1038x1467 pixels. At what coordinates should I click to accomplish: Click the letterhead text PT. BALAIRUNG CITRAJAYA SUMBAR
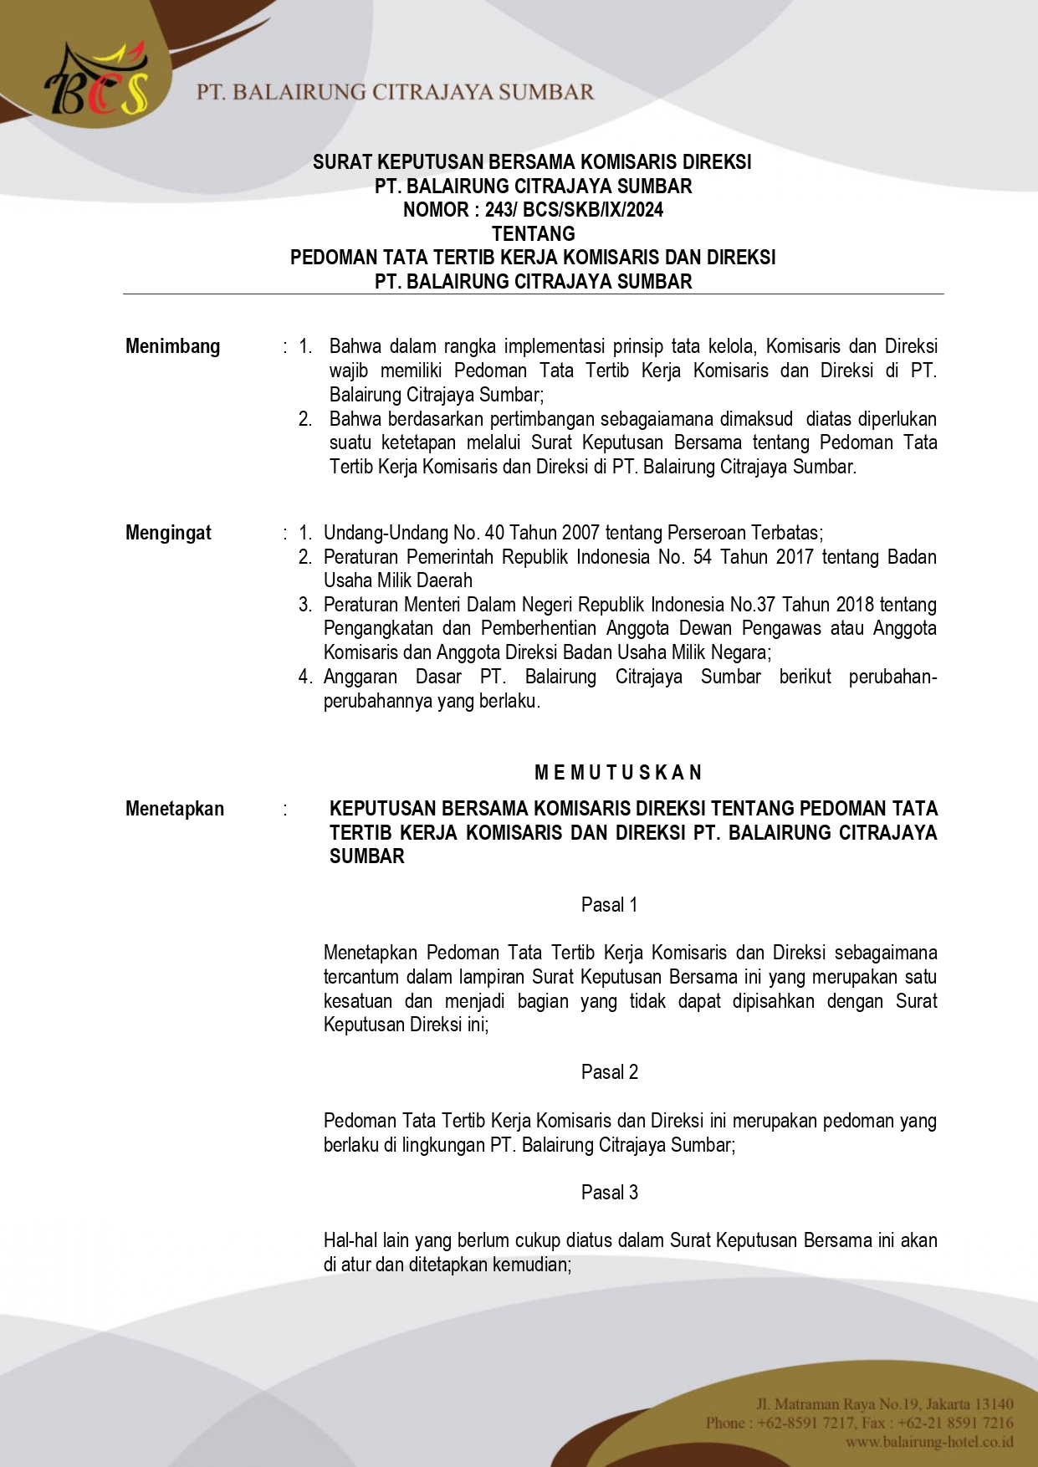(395, 92)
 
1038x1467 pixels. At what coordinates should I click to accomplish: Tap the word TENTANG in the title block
(533, 234)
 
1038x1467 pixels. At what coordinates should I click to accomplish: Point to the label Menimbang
(172, 346)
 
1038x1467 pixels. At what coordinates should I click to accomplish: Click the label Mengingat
(168, 533)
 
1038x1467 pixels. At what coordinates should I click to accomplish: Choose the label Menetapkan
(174, 809)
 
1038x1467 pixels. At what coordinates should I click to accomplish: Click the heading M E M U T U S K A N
(617, 772)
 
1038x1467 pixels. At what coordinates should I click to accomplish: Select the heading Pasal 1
(609, 905)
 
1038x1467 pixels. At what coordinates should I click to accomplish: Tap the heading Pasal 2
(609, 1072)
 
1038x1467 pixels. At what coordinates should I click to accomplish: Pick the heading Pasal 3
(609, 1193)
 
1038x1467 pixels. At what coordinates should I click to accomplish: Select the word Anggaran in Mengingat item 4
(360, 677)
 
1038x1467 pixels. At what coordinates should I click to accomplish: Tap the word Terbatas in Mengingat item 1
(785, 533)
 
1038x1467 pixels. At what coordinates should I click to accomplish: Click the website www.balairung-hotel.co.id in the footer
(928, 1442)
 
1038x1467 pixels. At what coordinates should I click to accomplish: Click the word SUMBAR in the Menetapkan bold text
(366, 856)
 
